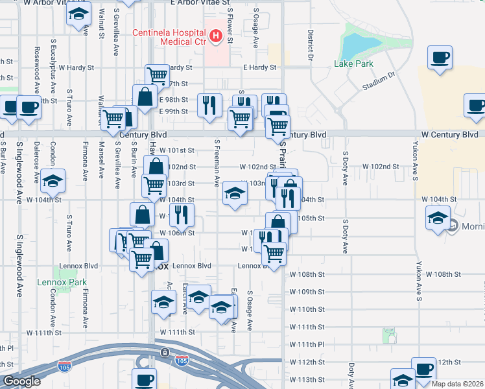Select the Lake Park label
point(353,64)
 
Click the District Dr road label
point(311,40)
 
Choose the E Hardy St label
point(260,67)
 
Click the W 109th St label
point(306,292)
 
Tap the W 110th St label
point(306,309)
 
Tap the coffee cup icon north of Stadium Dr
point(440,57)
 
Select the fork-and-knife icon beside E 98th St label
point(209,104)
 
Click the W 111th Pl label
point(306,344)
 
